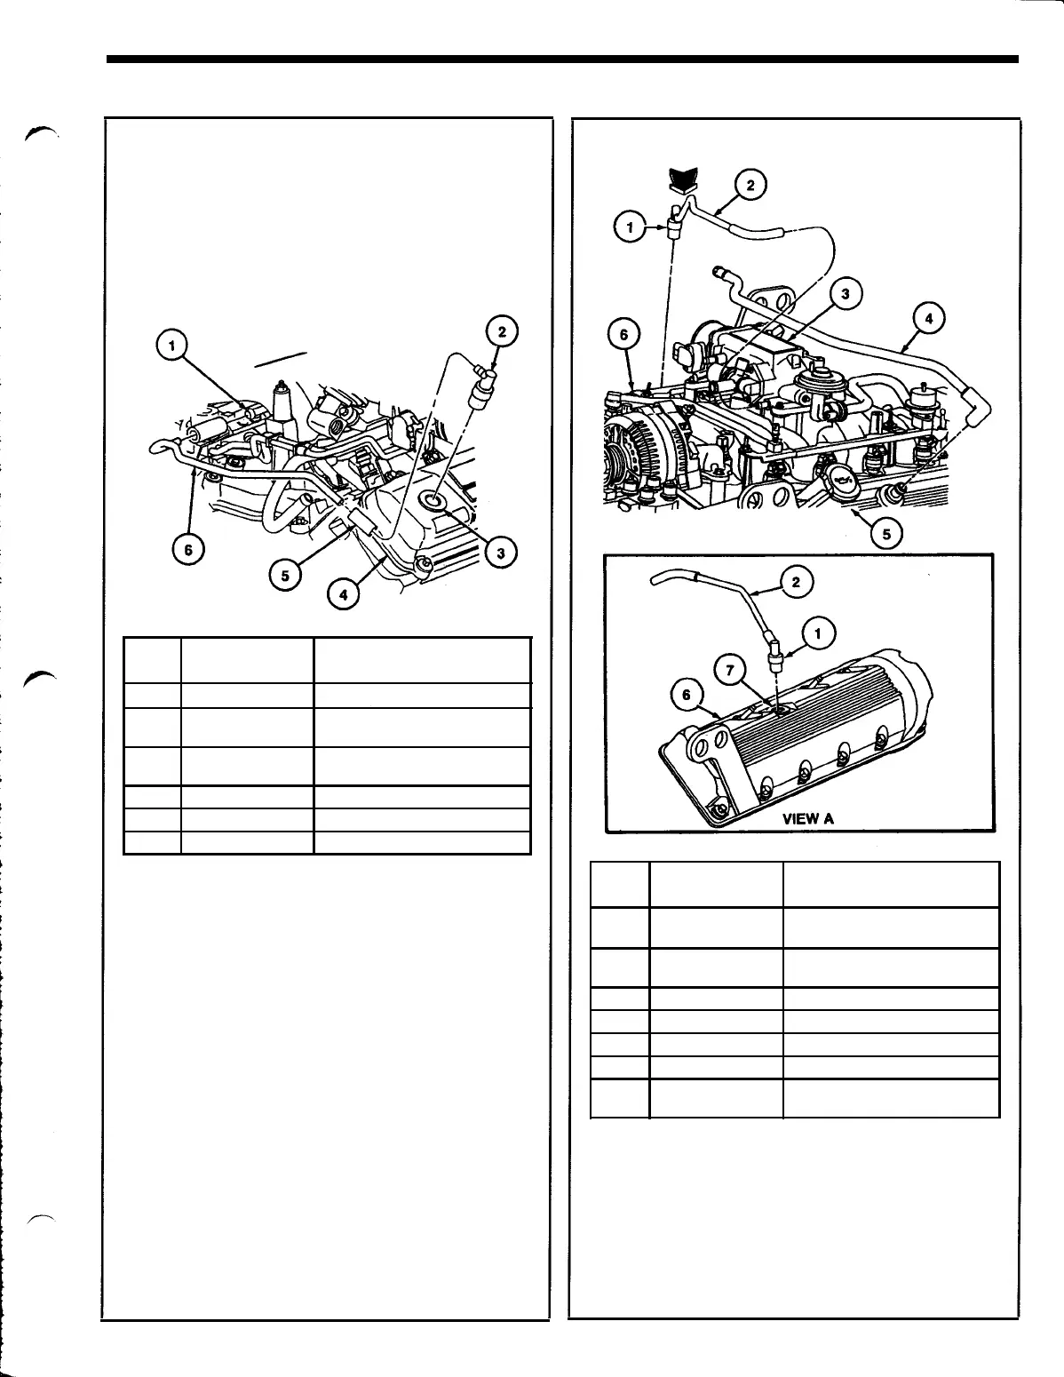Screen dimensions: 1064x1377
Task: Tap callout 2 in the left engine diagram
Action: tap(501, 331)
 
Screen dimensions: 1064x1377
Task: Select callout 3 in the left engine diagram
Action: tap(501, 553)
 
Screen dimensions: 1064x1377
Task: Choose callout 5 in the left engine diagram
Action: tap(285, 575)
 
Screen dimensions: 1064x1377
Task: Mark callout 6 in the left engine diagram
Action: tap(187, 550)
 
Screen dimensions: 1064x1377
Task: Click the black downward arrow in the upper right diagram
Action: tap(682, 179)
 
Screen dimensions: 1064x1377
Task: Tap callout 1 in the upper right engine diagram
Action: tap(630, 227)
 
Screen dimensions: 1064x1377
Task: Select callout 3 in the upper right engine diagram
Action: tap(846, 294)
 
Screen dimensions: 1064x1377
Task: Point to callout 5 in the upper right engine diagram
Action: tap(885, 533)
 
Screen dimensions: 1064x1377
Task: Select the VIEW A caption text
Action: tap(807, 818)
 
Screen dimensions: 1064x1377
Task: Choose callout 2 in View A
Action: tap(796, 582)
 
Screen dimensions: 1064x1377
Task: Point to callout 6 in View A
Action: tap(687, 696)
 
